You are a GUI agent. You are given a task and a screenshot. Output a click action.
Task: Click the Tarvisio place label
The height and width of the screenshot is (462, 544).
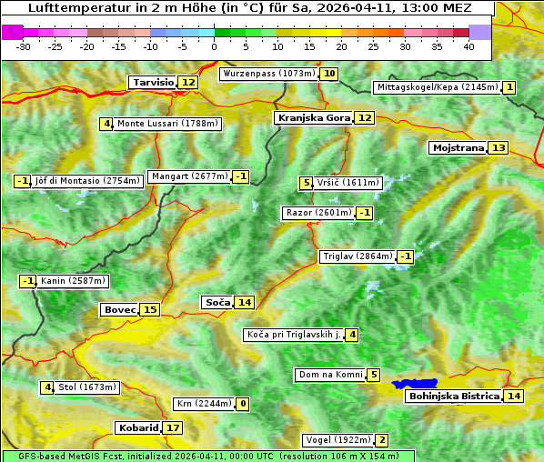coord(153,82)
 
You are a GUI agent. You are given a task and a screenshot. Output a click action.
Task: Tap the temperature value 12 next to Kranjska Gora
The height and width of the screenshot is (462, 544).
coord(364,117)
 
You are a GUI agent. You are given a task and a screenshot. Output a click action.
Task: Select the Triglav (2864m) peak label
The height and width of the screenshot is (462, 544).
coord(358,256)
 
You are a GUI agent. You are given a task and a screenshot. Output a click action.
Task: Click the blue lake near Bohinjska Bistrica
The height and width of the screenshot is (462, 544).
coord(415,384)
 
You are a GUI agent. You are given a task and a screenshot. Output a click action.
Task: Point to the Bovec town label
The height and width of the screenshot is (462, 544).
coord(119,309)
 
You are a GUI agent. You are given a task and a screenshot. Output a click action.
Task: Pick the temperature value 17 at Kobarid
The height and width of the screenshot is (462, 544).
coord(172,427)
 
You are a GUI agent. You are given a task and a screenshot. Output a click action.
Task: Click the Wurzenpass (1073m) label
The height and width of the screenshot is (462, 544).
coord(269,74)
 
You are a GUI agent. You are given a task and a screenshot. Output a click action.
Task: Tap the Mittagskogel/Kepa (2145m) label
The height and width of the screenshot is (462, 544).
coord(437,87)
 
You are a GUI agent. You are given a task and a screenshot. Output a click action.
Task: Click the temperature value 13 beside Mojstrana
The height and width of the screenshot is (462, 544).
coord(498,147)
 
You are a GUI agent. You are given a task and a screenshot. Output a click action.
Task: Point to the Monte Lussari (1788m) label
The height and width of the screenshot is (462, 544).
coord(167,124)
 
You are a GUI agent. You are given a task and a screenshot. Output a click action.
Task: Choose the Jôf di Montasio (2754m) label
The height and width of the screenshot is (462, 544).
coord(87,181)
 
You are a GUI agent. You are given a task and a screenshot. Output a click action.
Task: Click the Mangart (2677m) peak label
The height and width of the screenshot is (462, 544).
coord(189,176)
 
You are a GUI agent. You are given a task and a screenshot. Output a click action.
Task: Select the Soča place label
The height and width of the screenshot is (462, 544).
coord(217,302)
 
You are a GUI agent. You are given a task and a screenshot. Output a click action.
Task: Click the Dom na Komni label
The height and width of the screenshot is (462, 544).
coord(330,375)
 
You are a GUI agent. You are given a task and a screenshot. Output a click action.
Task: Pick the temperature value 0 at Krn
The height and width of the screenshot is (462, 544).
coord(243,404)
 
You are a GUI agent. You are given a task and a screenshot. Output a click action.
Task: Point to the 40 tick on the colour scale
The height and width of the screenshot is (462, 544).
coord(468,46)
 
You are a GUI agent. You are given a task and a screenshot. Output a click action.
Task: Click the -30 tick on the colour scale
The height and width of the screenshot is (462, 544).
coord(24,46)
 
